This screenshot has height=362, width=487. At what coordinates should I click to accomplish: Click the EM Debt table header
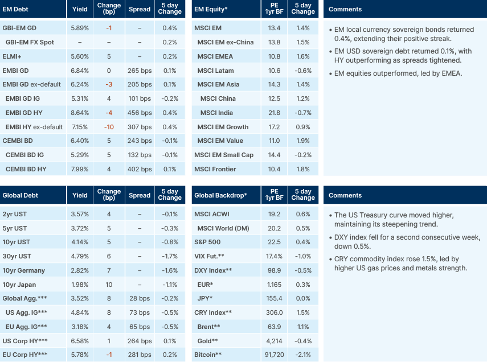click(15, 9)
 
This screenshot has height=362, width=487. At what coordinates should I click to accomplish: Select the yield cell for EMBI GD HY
click(80, 113)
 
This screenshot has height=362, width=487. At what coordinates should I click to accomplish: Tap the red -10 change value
click(109, 126)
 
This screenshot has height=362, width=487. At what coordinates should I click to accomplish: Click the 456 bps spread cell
click(140, 113)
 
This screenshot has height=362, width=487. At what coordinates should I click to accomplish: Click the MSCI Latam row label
click(215, 71)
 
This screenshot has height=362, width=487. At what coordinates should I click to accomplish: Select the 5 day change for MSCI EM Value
click(303, 141)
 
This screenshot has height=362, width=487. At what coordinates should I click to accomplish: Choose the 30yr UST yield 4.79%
click(80, 256)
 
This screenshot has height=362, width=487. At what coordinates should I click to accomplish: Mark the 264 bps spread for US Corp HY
click(140, 341)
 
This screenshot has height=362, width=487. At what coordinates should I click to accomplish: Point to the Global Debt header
click(20, 195)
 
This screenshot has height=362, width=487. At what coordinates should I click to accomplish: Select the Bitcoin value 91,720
click(273, 355)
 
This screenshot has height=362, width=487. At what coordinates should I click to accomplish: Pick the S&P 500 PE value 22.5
click(274, 242)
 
